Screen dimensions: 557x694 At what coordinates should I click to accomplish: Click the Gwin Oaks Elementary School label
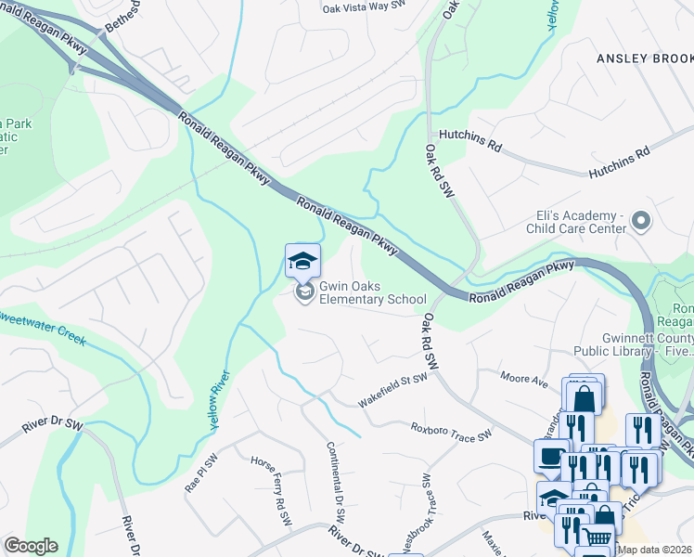pos(373,293)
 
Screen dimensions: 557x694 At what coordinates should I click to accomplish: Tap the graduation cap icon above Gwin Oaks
pos(302,261)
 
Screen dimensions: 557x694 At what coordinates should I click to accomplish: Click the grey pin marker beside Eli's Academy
pos(640,221)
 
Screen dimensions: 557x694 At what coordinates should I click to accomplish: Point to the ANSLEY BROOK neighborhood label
pos(644,58)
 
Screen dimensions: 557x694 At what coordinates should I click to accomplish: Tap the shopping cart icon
pos(597,537)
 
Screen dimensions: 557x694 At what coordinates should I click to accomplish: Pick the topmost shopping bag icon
pos(585,397)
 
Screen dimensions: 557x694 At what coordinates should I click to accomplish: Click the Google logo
pos(31,546)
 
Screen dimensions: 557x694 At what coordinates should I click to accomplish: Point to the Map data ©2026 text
pos(655,550)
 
